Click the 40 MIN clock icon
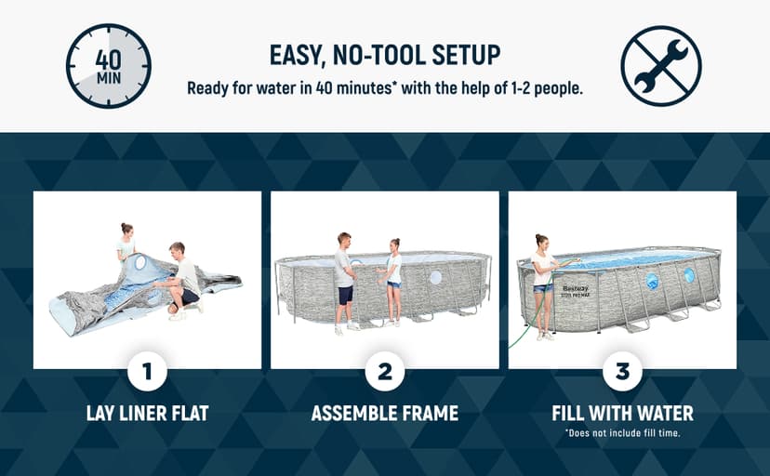pos(109,65)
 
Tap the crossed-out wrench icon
pos(660,65)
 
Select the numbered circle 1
pos(147,374)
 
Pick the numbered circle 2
pos(384,374)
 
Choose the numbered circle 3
pos(622,374)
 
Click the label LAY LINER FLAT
pos(147,413)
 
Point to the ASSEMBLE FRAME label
pos(384,413)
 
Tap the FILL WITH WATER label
pos(622,413)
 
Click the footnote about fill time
pos(622,434)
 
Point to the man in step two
pos(345,279)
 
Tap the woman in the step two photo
pos(394,282)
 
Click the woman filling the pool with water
pos(542,284)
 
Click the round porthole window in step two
pos(436,278)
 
